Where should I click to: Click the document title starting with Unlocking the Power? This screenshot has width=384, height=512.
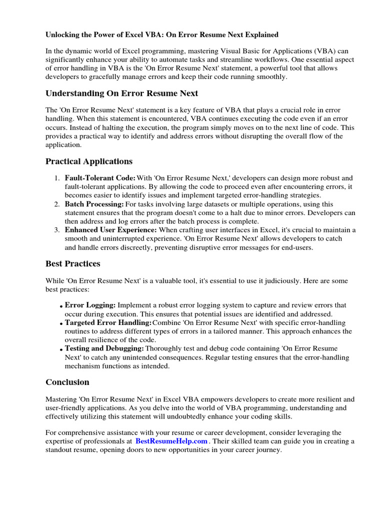pos(162,34)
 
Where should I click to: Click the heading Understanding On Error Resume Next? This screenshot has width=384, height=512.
pos(121,93)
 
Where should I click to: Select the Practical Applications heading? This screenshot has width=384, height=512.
pos(89,161)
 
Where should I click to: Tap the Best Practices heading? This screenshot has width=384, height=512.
pos(73,263)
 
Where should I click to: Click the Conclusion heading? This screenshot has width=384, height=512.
pos(67,382)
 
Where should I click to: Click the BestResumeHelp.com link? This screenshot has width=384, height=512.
pos(171,441)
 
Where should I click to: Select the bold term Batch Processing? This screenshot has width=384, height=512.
pos(94,204)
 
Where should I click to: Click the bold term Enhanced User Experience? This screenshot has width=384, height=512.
pos(110,230)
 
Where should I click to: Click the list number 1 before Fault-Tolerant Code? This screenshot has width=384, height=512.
pos(55,178)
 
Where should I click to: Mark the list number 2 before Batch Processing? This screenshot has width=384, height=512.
pos(55,204)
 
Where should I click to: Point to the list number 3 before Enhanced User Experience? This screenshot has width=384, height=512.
pos(55,230)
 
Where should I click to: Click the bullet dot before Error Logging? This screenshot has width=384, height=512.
pos(61,306)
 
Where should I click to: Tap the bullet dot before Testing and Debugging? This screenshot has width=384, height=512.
pos(61,349)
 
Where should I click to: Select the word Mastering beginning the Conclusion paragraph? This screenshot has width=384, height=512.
pos(61,399)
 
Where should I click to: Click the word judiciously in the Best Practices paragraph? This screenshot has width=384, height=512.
pos(270,280)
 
